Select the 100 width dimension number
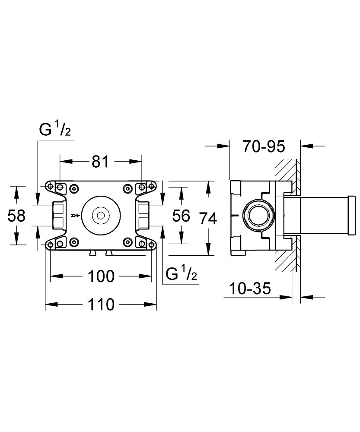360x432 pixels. coord(101,276)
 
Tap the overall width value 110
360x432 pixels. coord(101,304)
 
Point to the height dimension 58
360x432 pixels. coord(17,215)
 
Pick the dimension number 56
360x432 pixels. coord(181,215)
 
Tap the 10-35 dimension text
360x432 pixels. coord(251,288)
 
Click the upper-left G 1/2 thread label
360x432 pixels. coord(54,130)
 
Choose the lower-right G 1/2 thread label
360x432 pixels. coord(182,274)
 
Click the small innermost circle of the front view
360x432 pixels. coord(101,215)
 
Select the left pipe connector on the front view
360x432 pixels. coord(57,215)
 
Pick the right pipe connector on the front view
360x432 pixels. coord(143,215)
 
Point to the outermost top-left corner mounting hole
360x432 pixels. coord(51,187)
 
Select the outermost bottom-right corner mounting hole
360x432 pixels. coord(152,245)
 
